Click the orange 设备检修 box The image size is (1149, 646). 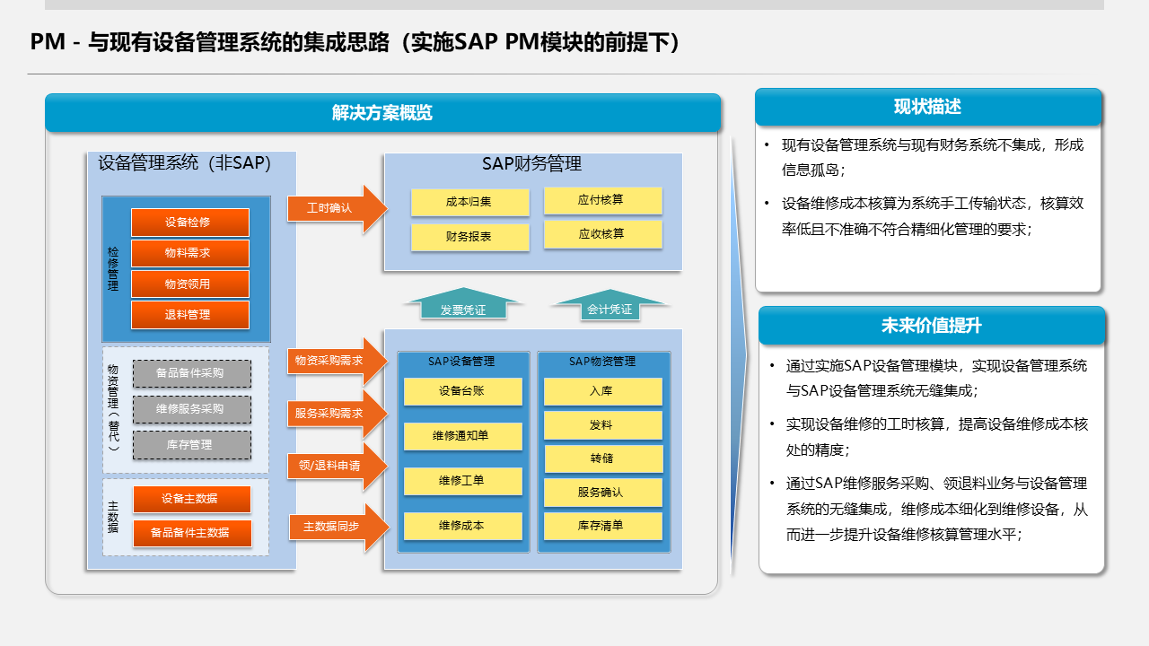[189, 223]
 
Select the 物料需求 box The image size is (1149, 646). [189, 253]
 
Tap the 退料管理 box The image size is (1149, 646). [189, 315]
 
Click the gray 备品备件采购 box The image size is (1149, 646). [191, 373]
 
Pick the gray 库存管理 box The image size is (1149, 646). [191, 445]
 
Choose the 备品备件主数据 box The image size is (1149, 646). [191, 533]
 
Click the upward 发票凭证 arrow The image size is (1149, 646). [463, 305]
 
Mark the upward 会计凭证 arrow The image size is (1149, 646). [610, 305]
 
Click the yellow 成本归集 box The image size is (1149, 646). [469, 203]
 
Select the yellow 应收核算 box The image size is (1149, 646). [602, 234]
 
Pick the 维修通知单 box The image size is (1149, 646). [462, 436]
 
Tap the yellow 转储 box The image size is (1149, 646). [602, 458]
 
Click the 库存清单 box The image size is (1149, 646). [602, 526]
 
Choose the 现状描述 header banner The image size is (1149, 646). [928, 107]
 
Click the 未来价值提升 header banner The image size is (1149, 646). [932, 326]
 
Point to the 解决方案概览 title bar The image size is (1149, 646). [383, 113]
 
